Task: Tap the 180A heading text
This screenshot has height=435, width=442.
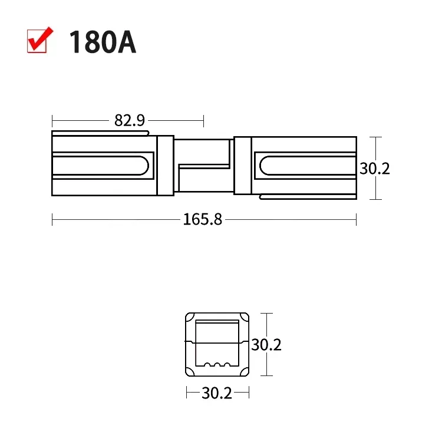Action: pos(103,42)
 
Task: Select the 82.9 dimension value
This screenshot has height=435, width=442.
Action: pos(130,120)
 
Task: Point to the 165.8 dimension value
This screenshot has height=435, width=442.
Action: pos(202,219)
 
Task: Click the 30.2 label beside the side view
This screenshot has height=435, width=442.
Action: pos(375,169)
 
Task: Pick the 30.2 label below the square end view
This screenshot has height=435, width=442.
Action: pos(217,393)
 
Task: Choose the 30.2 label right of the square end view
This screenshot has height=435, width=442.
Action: pos(266,344)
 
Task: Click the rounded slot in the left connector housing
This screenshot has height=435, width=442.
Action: pos(101,166)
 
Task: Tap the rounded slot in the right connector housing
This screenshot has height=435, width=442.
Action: pos(308,166)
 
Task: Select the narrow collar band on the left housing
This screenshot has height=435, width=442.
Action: pos(165,166)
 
